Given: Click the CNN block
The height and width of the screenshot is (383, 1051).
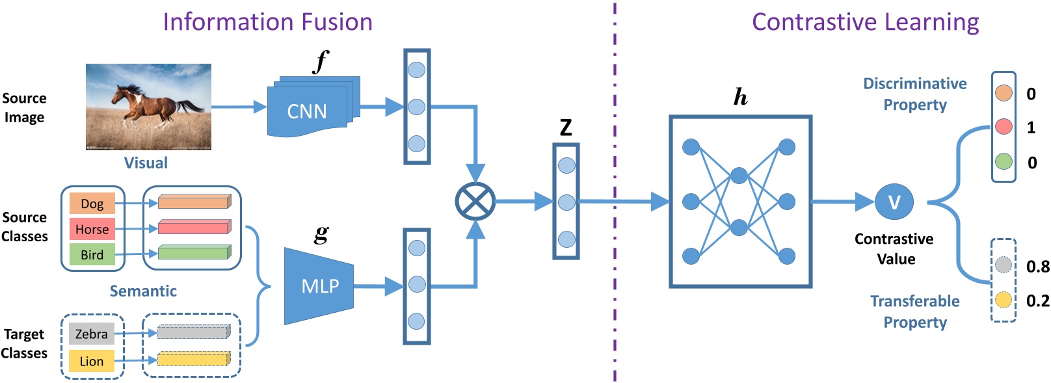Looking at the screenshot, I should point(307,111).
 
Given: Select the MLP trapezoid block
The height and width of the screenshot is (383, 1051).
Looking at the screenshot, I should point(319,286).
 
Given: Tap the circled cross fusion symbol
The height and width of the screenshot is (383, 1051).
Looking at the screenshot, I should point(475,202).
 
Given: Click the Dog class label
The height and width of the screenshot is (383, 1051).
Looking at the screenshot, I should point(92,204).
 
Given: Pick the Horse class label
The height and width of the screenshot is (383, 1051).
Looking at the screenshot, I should point(92,229).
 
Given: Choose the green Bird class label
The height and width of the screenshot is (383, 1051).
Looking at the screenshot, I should point(92,255).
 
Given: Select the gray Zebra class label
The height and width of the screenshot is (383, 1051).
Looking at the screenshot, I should point(92,334).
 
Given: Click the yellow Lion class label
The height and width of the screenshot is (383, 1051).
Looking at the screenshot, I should point(92,361).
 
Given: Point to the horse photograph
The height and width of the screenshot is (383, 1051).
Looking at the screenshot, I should point(148,107).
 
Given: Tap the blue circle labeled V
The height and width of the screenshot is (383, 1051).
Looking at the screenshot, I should point(894,202).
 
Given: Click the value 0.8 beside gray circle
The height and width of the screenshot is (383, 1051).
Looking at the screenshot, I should point(1037,267).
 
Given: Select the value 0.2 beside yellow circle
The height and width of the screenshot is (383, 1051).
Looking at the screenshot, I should point(1037,300).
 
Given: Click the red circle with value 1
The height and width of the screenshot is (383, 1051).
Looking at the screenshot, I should point(1004,127).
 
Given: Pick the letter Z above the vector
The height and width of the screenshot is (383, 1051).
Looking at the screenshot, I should point(566,127).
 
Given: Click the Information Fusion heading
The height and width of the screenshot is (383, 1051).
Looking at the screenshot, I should point(267,22).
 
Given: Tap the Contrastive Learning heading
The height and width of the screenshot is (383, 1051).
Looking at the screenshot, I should point(865,22).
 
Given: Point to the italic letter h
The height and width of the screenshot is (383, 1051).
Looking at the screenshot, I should point(740,98).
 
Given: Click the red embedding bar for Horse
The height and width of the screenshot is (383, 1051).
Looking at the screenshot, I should point(194,228).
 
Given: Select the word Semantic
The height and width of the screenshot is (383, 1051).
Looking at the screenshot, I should point(143,291).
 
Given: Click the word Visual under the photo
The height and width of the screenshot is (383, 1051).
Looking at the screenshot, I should point(146,163).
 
